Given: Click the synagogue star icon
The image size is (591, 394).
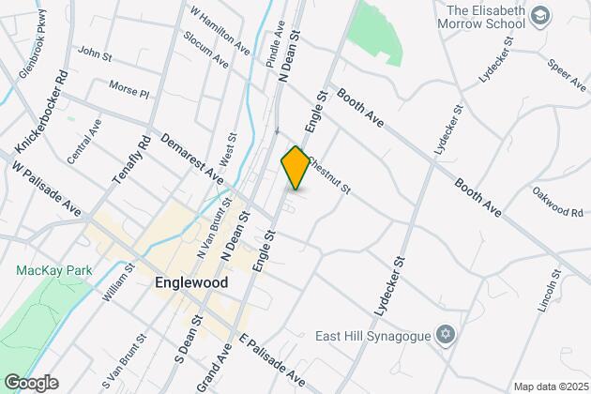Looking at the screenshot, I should tap(446, 335).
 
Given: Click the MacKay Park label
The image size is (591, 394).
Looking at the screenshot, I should tap(41, 270).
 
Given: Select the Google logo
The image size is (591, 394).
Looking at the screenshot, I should tap(30, 382).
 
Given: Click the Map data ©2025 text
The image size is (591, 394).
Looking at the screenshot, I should tap(547, 386).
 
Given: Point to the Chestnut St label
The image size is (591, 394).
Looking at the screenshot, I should tap(326, 175).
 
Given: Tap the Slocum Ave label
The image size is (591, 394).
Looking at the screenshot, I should tap(207, 53).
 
